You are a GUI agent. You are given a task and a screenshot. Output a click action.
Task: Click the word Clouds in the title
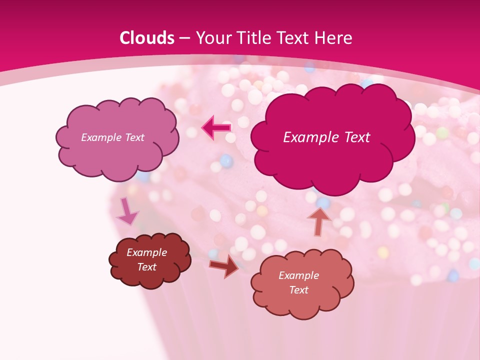click(x=147, y=38)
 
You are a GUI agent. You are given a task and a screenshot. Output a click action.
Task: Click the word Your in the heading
click(x=213, y=38)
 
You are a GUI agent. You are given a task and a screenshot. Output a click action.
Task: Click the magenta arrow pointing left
click(x=216, y=128)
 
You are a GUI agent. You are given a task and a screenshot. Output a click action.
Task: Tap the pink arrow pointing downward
click(x=127, y=212)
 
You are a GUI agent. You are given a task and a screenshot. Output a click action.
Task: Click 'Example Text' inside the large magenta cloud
click(x=326, y=137)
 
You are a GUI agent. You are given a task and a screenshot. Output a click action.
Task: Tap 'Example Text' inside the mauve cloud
click(x=112, y=137)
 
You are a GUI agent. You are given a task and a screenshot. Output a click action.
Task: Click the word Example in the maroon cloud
click(x=146, y=252)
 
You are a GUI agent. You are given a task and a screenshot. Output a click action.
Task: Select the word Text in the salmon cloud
click(x=298, y=290)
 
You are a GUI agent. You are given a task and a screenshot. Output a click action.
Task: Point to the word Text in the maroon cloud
click(x=146, y=267)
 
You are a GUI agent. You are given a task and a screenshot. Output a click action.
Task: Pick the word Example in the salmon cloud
click(x=298, y=275)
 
